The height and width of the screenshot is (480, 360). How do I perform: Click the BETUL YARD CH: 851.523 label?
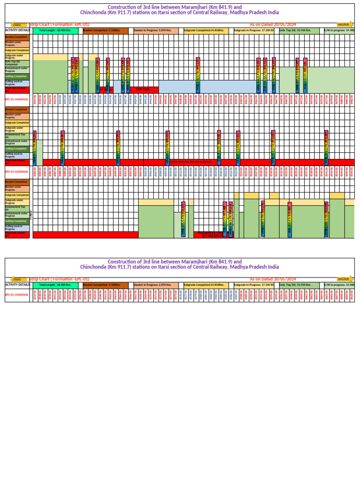pos(191,162)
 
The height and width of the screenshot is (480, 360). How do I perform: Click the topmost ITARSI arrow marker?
pos(17,24)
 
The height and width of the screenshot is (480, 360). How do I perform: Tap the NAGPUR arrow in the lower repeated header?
pos(344,279)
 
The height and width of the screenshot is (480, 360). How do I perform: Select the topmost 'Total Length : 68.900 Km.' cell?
pos(55,30)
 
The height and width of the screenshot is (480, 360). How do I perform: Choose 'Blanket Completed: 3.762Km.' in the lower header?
pos(105,285)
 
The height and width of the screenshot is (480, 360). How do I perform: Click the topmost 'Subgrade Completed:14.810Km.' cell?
pos(205,30)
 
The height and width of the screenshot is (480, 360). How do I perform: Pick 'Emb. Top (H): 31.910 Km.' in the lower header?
pos(300,285)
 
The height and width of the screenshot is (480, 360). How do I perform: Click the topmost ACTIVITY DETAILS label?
pos(17,30)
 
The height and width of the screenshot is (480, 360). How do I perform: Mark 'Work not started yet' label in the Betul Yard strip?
pos(17,162)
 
